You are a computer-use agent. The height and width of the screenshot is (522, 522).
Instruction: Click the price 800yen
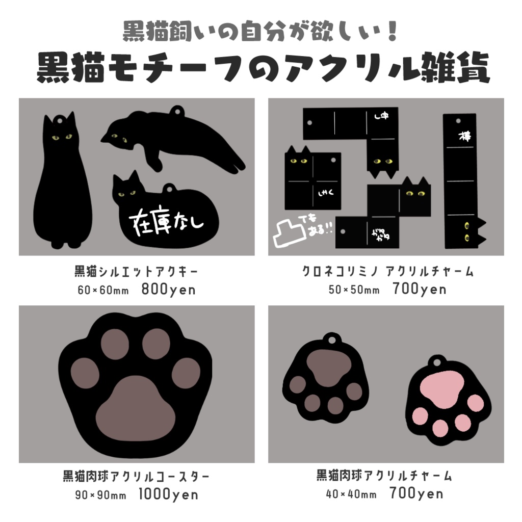168,290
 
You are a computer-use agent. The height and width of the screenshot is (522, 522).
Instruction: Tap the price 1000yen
168,494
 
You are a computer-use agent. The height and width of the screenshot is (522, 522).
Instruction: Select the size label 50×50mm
354,290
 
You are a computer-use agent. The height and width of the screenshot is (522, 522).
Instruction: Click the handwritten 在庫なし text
168,221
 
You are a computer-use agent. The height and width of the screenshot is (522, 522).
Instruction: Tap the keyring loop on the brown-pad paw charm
332,338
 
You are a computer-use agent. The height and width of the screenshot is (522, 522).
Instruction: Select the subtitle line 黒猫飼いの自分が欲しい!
260,32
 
